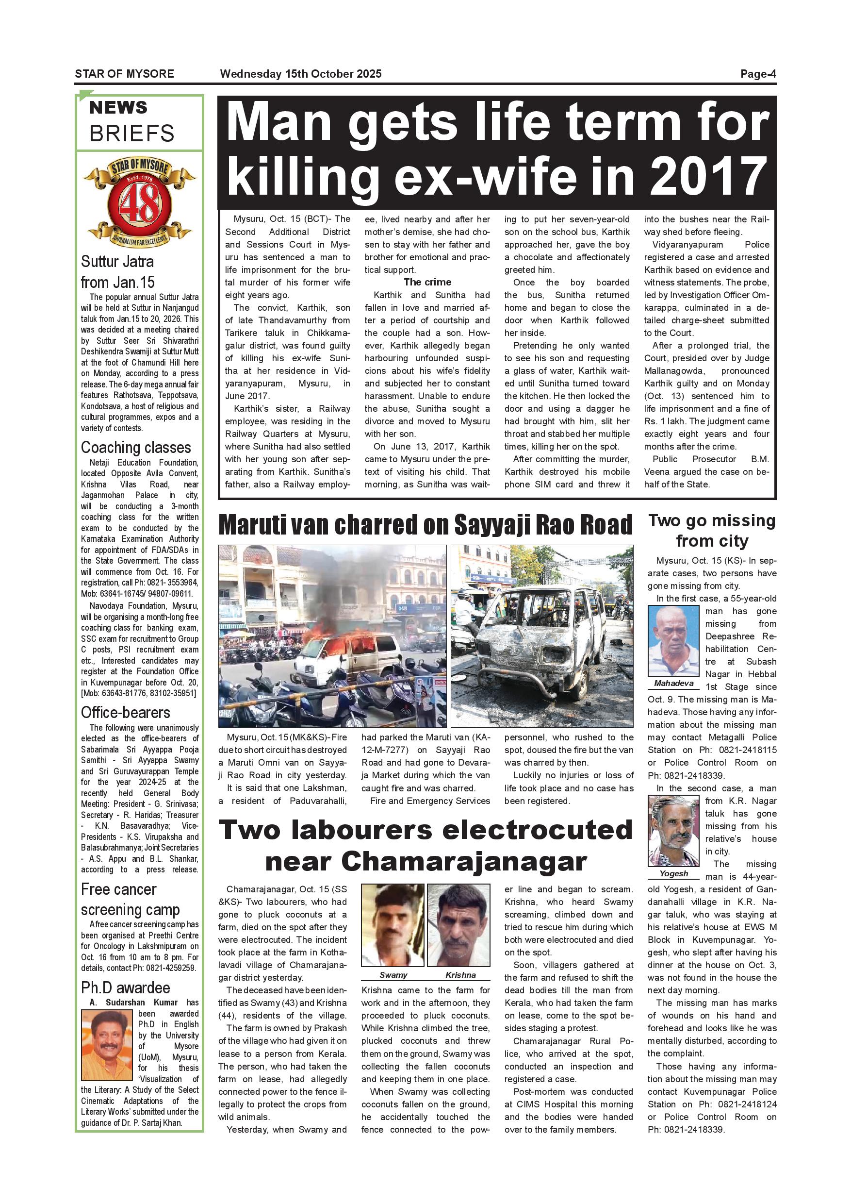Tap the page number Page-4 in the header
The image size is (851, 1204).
click(x=758, y=74)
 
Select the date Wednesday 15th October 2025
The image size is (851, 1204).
click(x=301, y=74)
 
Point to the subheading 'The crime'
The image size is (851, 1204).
click(x=427, y=282)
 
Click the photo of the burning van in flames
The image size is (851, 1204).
click(x=332, y=635)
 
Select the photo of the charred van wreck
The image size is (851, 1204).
click(x=542, y=635)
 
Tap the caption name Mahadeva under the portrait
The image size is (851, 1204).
click(x=673, y=683)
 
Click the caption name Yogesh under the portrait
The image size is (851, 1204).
click(x=673, y=874)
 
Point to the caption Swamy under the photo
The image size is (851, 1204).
click(x=393, y=975)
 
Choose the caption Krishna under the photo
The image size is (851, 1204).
click(x=460, y=975)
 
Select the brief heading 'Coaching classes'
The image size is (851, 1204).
click(x=136, y=447)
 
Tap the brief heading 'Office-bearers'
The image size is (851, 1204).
click(x=125, y=713)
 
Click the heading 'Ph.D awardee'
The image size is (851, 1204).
click(x=125, y=988)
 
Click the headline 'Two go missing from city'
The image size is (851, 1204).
click(x=712, y=531)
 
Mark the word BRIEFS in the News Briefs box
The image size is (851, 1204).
click(x=131, y=134)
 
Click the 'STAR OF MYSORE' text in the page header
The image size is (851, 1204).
click(x=124, y=74)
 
